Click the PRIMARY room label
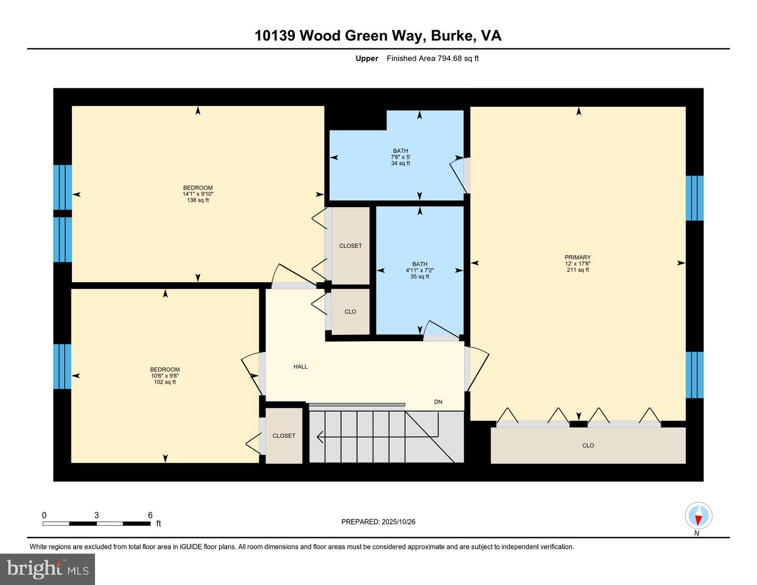click(578, 258)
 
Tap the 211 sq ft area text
click(578, 270)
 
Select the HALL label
click(301, 367)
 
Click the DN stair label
click(438, 402)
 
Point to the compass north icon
click(698, 516)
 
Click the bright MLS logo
click(47, 569)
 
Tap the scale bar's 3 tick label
click(96, 516)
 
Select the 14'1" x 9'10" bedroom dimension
click(198, 194)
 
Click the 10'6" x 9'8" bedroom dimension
click(165, 376)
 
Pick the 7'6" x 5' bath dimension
click(401, 157)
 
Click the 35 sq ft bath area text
click(420, 276)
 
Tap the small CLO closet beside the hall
click(350, 312)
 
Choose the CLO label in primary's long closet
click(588, 446)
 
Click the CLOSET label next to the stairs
click(284, 436)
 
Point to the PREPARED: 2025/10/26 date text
click(378, 522)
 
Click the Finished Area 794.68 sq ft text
click(433, 58)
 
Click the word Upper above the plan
click(366, 58)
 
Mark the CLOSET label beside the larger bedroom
click(350, 246)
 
